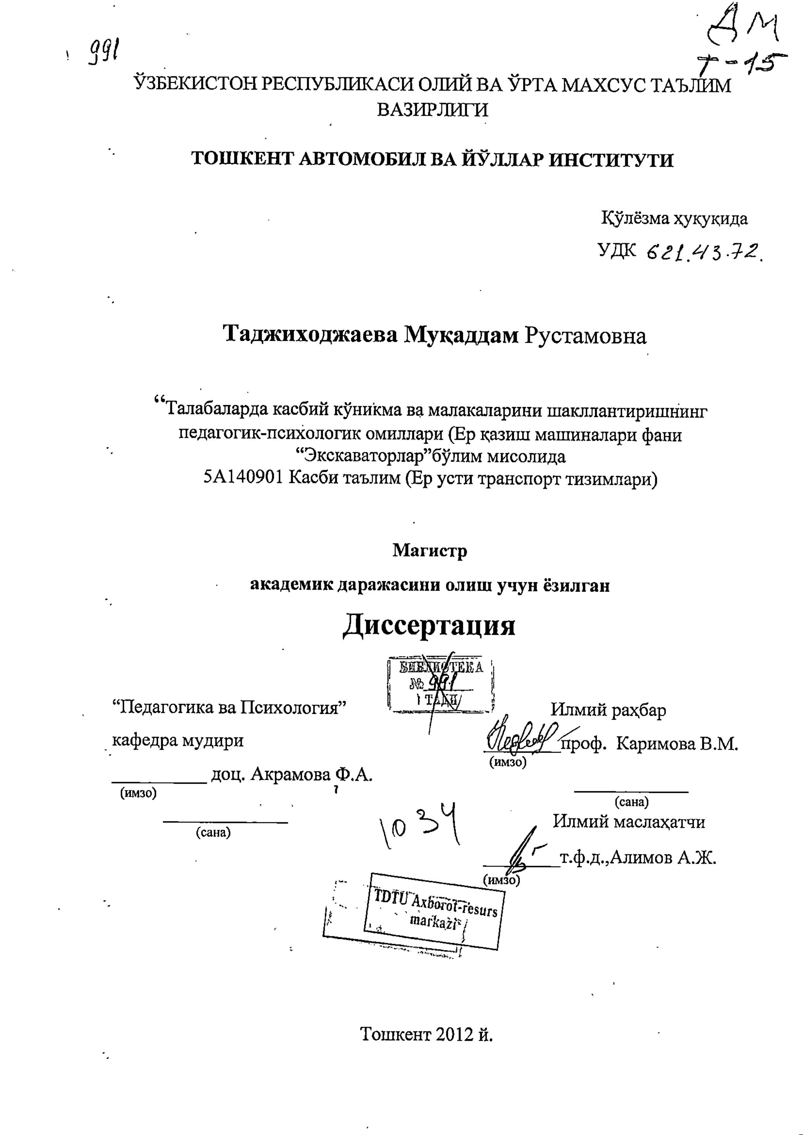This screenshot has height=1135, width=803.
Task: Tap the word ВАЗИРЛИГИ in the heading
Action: (x=432, y=109)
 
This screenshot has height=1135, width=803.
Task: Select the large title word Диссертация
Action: (x=429, y=625)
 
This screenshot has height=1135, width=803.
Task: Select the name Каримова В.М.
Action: (x=677, y=743)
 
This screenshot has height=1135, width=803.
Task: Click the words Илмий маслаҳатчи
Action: (x=628, y=821)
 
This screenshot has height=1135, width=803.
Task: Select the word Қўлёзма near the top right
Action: (x=634, y=218)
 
